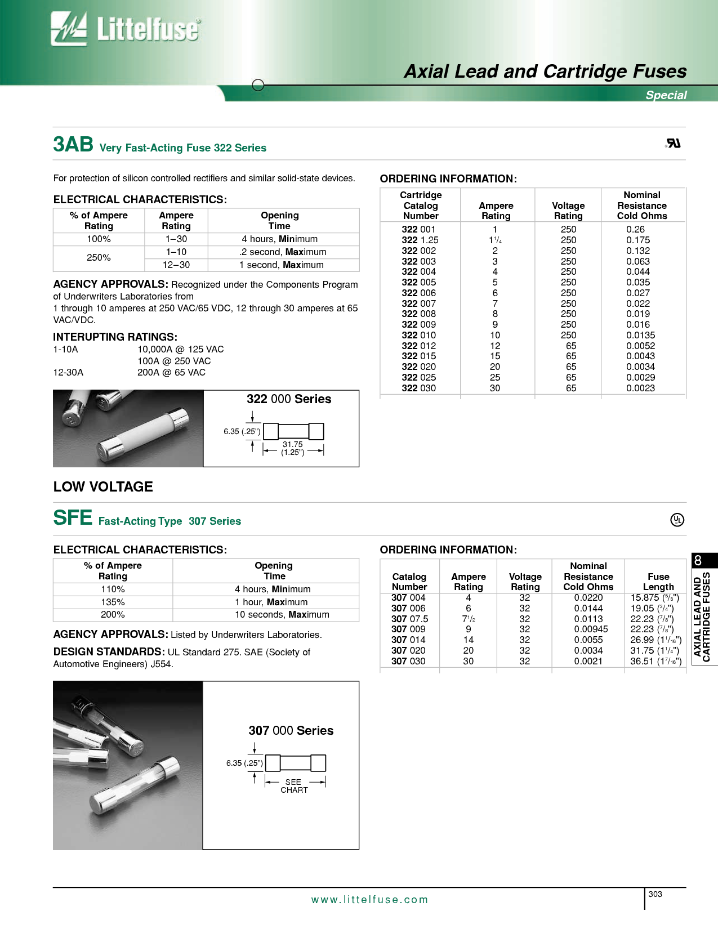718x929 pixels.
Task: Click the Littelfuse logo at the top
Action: [x=125, y=29]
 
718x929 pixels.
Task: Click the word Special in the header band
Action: [x=666, y=95]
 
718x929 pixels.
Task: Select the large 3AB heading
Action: [x=73, y=145]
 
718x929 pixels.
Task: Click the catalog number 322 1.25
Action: [x=420, y=240]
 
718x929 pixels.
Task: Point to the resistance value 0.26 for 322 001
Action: [x=635, y=229]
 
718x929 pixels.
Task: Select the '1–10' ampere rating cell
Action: [x=176, y=252]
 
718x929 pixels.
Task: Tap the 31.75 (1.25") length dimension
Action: [x=293, y=448]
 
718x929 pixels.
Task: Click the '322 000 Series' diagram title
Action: [x=289, y=399]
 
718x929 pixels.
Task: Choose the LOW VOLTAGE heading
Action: [x=103, y=486]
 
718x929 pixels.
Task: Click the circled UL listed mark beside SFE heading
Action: [x=677, y=520]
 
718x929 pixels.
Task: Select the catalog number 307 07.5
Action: [x=409, y=619]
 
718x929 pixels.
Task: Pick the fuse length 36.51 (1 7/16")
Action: [x=655, y=661]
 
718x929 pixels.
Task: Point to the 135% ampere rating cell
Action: [x=113, y=602]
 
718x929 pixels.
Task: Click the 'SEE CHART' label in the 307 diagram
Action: [x=294, y=786]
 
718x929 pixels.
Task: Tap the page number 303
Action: [x=655, y=894]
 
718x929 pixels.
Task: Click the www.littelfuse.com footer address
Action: [x=369, y=900]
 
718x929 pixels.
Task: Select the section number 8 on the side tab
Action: [x=698, y=561]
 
